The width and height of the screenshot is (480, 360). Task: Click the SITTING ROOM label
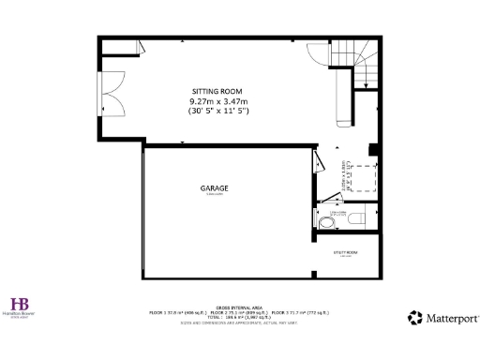(217, 91)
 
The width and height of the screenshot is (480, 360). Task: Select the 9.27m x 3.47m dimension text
(217, 101)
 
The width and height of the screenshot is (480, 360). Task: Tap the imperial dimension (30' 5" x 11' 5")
(217, 111)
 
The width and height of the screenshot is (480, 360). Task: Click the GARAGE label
(214, 188)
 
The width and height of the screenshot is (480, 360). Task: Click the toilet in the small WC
(326, 223)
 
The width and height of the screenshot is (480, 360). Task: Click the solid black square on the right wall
(372, 149)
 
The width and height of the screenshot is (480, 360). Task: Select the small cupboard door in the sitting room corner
(139, 47)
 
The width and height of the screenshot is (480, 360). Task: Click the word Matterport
(447, 319)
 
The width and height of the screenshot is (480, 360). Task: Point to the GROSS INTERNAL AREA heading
(239, 307)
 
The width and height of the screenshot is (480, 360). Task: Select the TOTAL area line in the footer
(239, 317)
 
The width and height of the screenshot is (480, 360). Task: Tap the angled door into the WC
(330, 199)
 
